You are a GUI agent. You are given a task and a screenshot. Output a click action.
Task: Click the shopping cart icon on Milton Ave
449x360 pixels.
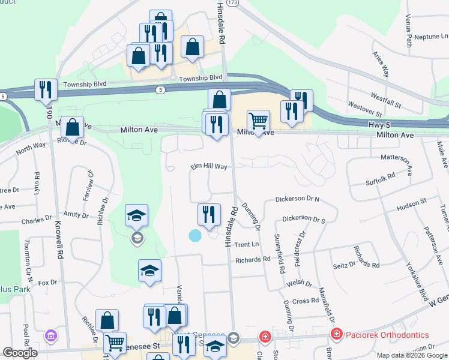258,121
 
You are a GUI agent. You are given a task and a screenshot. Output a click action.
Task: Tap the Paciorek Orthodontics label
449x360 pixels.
386,335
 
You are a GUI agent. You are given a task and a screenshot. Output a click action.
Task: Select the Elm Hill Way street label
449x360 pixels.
209,167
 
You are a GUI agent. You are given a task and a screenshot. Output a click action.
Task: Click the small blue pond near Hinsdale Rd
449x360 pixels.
195,236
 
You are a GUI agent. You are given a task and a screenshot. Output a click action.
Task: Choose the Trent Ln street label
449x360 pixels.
246,244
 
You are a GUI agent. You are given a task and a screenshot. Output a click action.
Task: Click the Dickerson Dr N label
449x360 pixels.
297,199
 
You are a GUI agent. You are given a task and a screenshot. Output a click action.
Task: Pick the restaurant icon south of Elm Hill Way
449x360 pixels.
208,214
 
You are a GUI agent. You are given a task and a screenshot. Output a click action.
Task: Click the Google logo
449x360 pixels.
20,353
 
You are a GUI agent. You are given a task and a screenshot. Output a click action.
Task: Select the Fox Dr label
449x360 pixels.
47,281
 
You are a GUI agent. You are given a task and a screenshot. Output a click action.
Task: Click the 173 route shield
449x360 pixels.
233,3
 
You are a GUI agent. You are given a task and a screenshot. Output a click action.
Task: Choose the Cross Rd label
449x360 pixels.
306,301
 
